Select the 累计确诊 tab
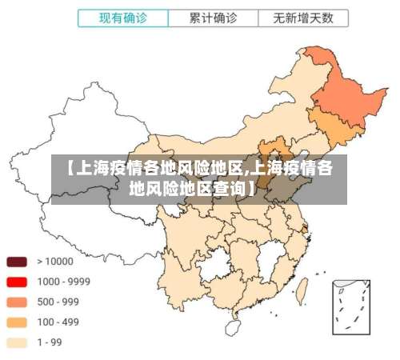pyautogui.click(x=213, y=17)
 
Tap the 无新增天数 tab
pyautogui.click(x=302, y=17)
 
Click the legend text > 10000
pyautogui.click(x=54, y=261)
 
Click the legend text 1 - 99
pyautogui.click(x=50, y=342)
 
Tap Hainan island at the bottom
pyautogui.click(x=233, y=326)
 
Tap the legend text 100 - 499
pyautogui.click(x=58, y=322)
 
